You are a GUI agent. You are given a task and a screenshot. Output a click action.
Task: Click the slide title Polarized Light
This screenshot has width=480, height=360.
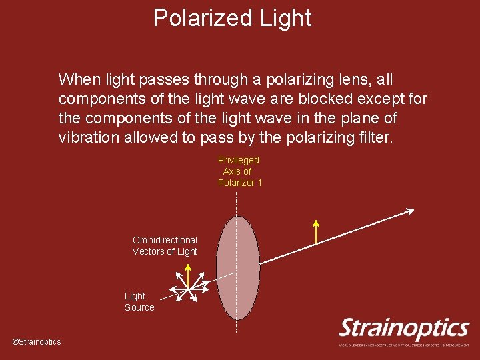pos(232,18)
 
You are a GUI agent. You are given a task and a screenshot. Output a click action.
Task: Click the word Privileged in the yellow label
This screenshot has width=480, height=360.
pos(238,160)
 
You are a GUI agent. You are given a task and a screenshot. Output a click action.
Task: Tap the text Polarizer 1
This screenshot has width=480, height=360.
pos(240,183)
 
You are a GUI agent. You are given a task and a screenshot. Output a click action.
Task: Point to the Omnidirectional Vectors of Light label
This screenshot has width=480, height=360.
pos(165,245)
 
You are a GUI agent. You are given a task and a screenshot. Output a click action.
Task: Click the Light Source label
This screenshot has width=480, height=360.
pos(139,301)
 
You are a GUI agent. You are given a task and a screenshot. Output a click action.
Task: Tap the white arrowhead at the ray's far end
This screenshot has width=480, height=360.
pos(409,211)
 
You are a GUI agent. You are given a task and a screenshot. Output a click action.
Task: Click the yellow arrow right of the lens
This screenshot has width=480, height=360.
pos(316,231)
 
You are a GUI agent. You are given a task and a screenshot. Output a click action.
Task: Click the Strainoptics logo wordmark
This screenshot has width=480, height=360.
pos(404,328)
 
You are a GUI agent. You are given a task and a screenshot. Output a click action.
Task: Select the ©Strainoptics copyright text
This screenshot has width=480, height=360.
pos(37,342)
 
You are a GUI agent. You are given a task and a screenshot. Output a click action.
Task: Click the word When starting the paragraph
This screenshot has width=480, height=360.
pos(77,80)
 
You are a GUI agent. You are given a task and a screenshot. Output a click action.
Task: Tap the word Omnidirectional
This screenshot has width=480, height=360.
pos(165,240)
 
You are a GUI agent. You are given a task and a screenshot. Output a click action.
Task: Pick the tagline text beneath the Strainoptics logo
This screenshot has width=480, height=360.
pos(404,345)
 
